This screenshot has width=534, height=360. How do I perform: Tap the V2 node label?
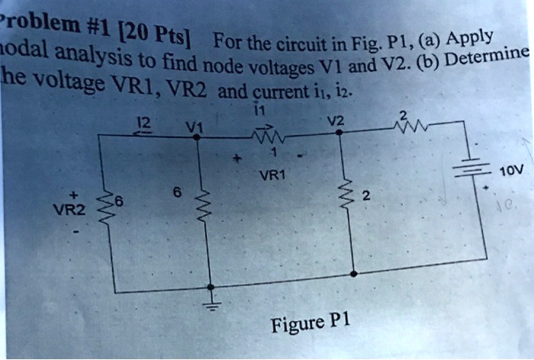pos(336,120)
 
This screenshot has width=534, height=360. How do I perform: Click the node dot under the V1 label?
pos(198,135)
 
